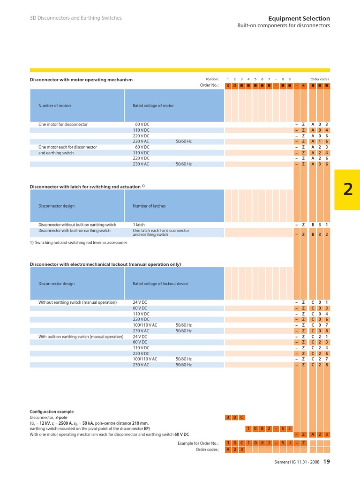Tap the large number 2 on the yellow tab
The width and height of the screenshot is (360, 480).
pos(347,189)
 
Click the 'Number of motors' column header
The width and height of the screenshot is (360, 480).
pos(55,106)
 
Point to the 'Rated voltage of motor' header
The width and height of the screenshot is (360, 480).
pos(153,106)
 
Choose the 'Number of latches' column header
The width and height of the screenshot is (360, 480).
pos(149,206)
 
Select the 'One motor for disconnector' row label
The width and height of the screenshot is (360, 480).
pos(63,125)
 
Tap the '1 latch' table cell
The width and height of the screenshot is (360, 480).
pos(139,225)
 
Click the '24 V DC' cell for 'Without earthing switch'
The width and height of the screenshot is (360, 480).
pos(140,303)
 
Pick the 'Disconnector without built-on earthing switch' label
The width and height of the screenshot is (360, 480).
pos(77,225)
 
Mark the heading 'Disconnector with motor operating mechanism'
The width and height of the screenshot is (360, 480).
pos(81,80)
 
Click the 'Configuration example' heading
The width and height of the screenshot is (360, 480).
pos(52,412)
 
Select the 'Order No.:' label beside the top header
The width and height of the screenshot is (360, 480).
pos(209,86)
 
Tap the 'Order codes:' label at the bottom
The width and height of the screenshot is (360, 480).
pos(207,450)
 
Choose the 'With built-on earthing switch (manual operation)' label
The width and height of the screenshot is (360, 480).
pos(81,337)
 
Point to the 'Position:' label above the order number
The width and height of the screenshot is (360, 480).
pos(212,80)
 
